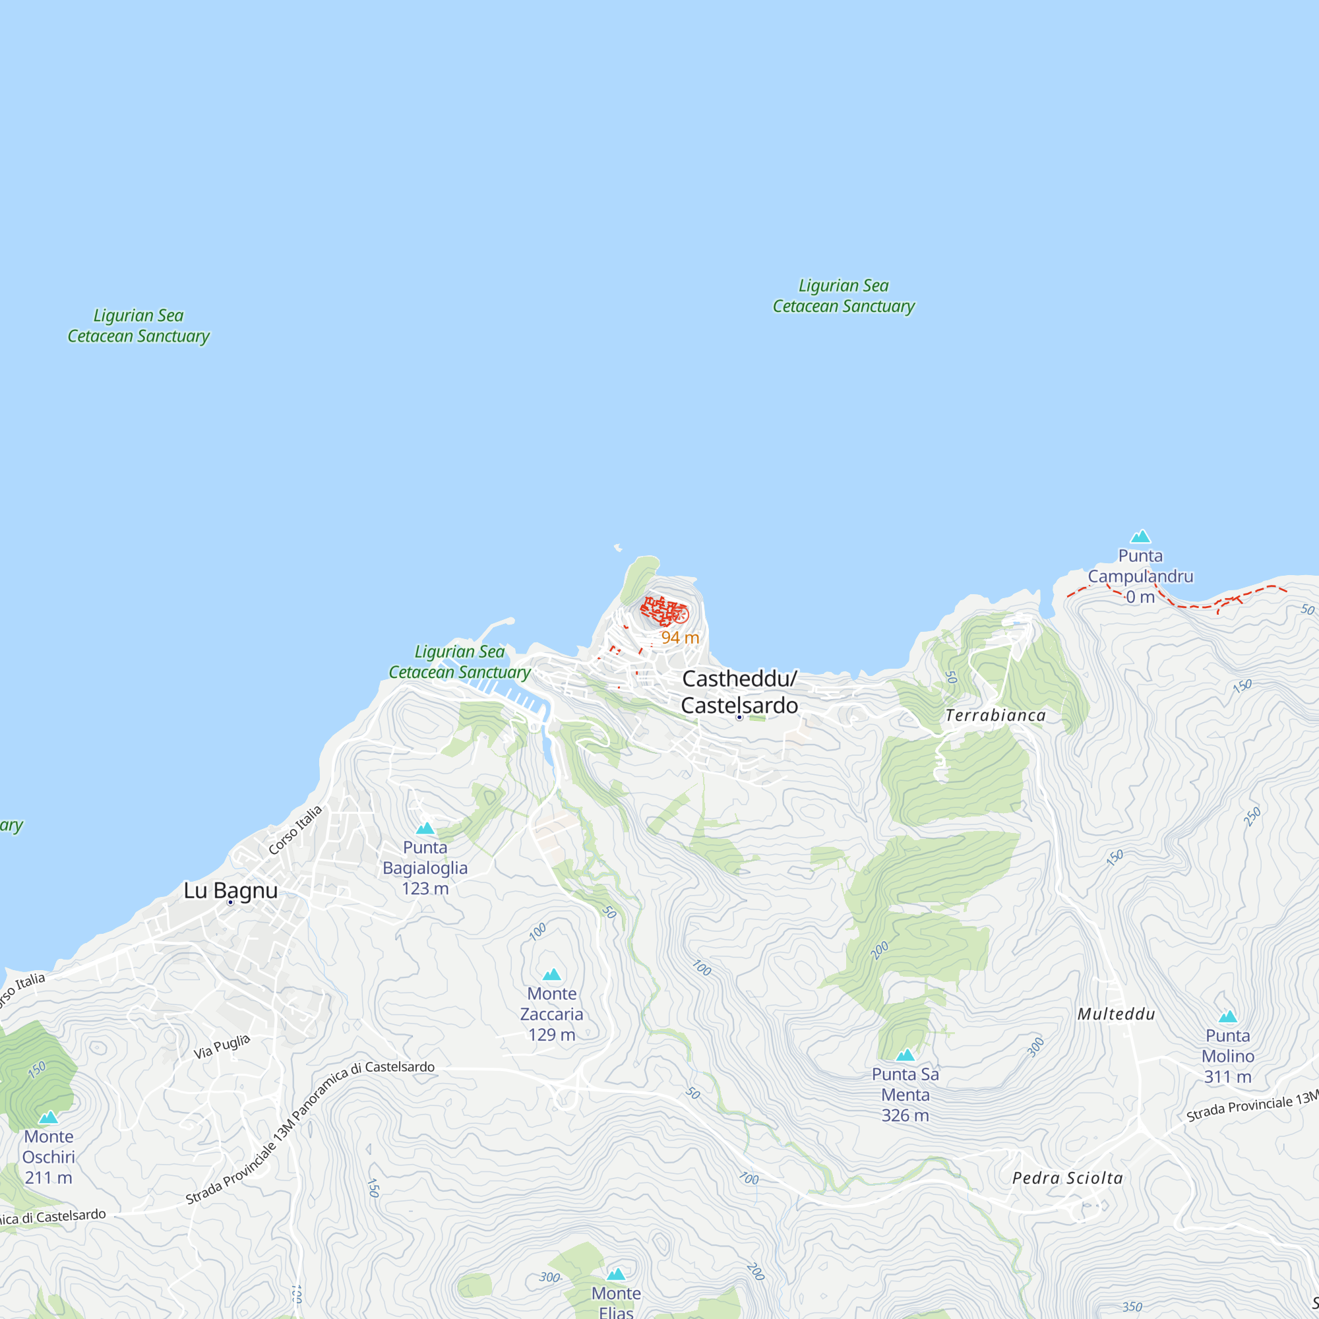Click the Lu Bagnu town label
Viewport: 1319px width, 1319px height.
231,890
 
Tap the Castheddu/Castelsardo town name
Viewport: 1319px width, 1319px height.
739,692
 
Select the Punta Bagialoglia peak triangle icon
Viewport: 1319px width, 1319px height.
425,828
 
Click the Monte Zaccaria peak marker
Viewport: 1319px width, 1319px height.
551,974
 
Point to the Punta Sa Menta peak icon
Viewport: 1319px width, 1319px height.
905,1055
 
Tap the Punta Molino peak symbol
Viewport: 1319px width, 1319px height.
1227,1016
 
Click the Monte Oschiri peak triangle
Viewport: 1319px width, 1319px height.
48,1118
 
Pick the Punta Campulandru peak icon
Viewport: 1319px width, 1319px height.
1141,537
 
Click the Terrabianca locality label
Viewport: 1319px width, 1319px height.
995,716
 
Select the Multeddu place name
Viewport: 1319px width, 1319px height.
1117,1014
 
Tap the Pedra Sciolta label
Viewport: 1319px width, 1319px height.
1067,1178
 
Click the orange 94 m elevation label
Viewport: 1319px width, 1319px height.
680,638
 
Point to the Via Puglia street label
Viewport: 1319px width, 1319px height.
222,1047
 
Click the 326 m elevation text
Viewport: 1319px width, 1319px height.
905,1116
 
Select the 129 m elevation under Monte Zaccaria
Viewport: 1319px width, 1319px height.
551,1035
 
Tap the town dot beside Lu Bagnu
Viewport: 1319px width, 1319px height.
231,903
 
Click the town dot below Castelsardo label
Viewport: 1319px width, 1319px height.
739,718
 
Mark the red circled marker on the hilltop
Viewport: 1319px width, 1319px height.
680,615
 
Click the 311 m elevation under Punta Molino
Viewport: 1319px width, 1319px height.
1227,1078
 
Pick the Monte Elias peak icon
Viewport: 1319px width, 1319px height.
616,1274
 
